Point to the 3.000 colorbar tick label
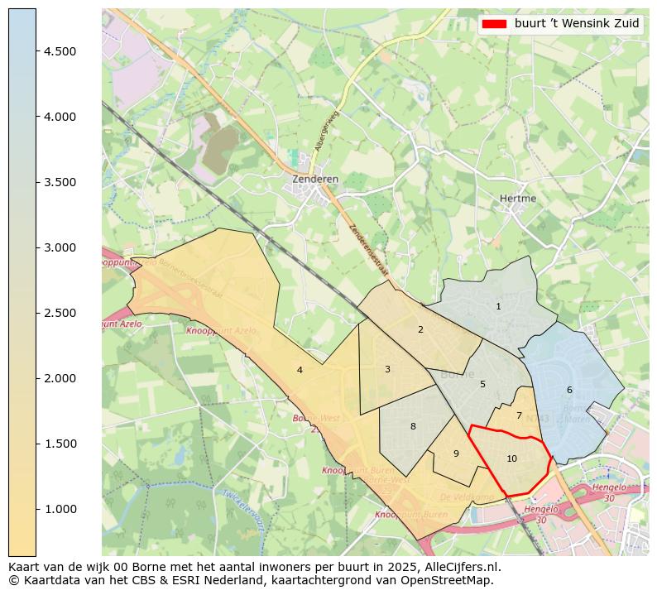(60, 247)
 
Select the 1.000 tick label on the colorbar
(60, 509)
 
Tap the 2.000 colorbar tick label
(60, 378)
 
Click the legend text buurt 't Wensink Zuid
(577, 24)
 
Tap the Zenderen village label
(315, 179)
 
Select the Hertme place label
(518, 199)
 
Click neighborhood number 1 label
(498, 306)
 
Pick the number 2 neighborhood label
(420, 329)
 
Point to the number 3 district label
(387, 369)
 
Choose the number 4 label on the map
(300, 370)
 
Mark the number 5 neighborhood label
(482, 384)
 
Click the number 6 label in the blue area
(569, 390)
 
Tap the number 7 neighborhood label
(519, 415)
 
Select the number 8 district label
(413, 426)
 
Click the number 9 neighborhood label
(456, 453)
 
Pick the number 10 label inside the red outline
(511, 458)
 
